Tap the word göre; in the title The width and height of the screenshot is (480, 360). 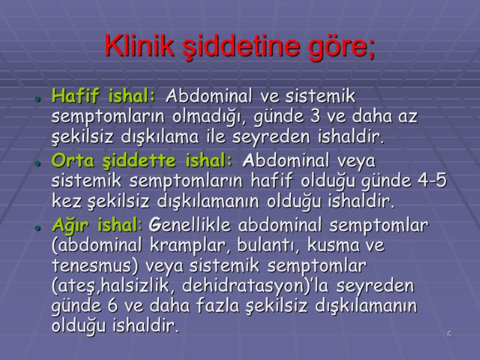click(341, 46)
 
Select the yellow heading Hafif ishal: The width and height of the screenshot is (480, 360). click(104, 95)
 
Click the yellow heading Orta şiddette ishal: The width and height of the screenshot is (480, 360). click(142, 161)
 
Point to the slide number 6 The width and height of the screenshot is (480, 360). click(448, 334)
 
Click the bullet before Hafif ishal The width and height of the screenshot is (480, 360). click(37, 98)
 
